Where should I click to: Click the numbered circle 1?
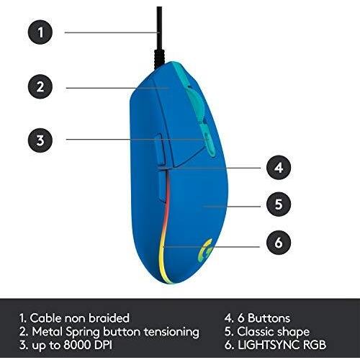tap(40, 32)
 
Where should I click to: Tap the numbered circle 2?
tap(40, 86)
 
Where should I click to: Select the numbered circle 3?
tap(40, 140)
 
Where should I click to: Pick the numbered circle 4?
tap(279, 168)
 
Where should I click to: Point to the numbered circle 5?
tap(279, 204)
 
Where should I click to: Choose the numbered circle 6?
tap(279, 243)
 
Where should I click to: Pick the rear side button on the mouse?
tap(162, 186)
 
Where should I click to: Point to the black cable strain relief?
tap(159, 58)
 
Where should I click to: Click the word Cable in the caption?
tap(45, 318)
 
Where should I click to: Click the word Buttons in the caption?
tap(269, 318)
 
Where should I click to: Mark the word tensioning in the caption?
tap(171, 332)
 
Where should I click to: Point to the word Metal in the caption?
tap(48, 331)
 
